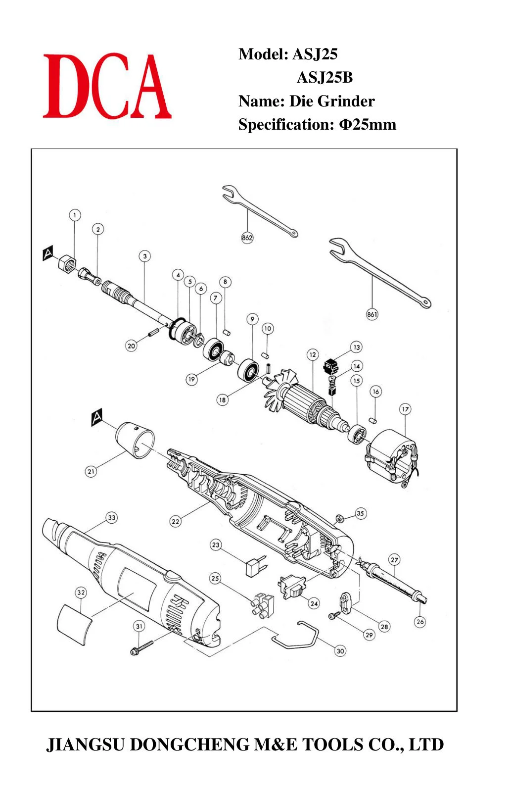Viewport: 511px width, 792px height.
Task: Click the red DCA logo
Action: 107,86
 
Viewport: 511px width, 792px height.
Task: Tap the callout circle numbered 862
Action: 247,237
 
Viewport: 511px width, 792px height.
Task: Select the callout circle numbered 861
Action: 372,314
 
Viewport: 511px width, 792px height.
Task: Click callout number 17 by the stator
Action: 405,409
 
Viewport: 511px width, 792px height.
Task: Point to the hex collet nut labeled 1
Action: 67,263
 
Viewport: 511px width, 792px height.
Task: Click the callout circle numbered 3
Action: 144,256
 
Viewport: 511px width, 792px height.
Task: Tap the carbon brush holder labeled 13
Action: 331,366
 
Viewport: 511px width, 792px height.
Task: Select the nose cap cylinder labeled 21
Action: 136,440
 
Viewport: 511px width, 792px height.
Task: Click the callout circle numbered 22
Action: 176,521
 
